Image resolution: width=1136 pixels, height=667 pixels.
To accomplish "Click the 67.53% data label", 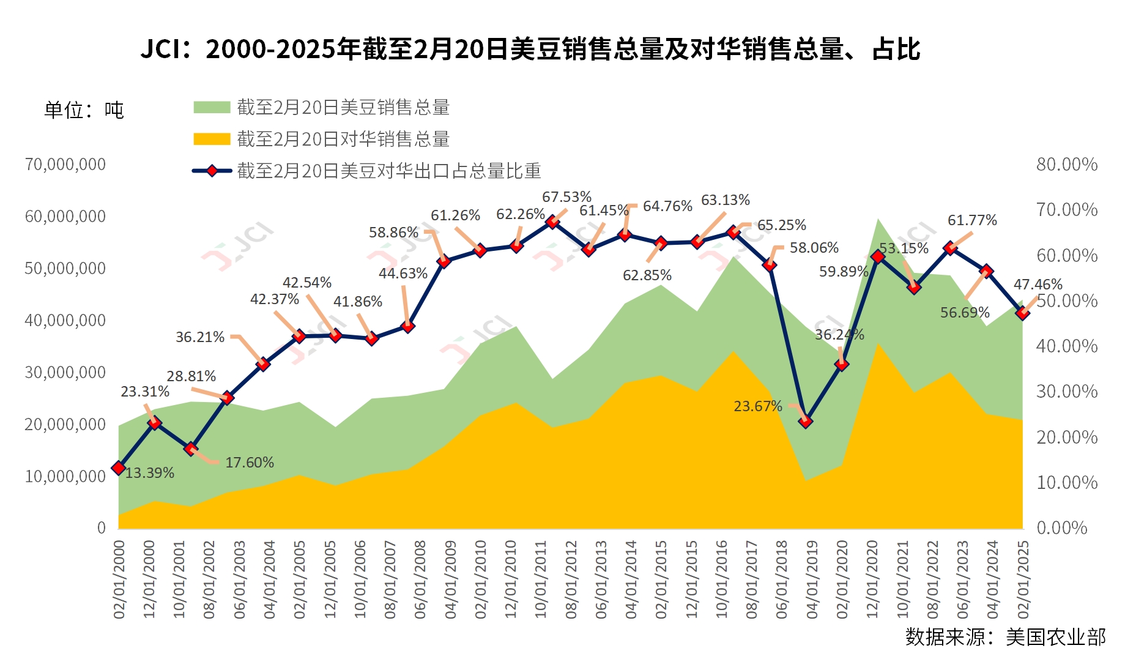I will click(566, 197).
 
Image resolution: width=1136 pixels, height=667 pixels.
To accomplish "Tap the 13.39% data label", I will click(150, 473).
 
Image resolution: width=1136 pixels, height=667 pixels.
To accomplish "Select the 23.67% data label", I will click(758, 406).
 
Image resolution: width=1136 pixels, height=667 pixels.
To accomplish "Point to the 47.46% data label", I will click(1038, 285).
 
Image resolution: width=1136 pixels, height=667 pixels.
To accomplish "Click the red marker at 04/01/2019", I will click(806, 421).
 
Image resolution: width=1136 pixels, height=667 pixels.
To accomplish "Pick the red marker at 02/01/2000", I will click(119, 468).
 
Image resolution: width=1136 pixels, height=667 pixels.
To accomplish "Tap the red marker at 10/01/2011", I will click(552, 222).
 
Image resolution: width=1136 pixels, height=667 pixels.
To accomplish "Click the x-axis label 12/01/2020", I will click(872, 579).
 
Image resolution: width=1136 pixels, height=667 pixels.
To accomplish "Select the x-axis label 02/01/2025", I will click(1023, 579).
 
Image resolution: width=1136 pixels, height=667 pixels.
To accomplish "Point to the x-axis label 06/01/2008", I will click(420, 579).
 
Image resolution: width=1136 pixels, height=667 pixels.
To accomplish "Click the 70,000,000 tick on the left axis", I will click(65, 164).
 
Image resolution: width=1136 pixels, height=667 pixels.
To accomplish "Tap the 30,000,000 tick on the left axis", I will click(65, 372).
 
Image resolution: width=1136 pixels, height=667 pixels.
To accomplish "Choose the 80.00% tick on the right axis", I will click(1066, 164).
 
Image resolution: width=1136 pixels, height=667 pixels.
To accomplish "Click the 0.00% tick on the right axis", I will click(1061, 527).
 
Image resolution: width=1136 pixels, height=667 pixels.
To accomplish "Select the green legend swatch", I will click(212, 108).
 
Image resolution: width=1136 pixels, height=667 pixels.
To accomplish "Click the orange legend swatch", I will click(212, 140).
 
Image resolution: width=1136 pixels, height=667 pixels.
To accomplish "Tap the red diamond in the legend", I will click(212, 171).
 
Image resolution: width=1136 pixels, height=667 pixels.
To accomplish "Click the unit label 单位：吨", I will click(84, 110).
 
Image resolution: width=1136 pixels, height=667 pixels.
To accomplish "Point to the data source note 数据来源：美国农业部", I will click(1005, 637).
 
